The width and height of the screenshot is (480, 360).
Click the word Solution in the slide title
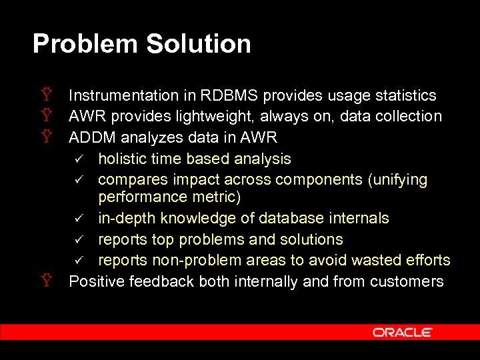[x=199, y=44]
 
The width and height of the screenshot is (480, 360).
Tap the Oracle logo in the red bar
[x=403, y=332]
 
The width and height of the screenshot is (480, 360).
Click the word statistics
[x=403, y=96]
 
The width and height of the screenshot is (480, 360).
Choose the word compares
[x=129, y=180]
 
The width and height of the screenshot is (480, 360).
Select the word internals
[x=359, y=219]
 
